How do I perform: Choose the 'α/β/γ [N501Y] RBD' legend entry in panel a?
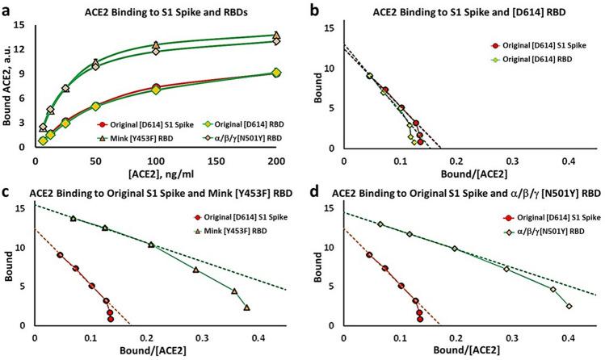pos(229,138)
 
